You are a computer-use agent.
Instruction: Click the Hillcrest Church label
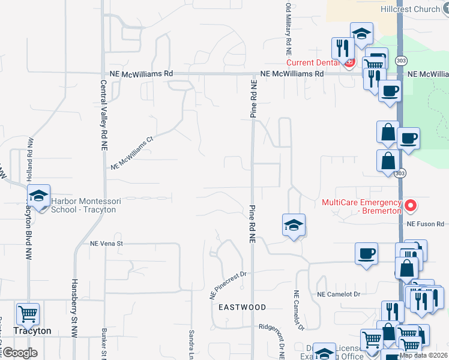pos(410,10)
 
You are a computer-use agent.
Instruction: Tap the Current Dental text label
pos(313,62)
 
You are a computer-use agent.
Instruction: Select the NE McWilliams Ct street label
pos(133,154)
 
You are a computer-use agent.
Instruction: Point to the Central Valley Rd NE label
pos(104,115)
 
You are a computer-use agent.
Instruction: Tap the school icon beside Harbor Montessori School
pos(38,197)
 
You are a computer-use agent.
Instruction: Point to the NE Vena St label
pos(106,244)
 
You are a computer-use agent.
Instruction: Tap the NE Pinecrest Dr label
pos(228,285)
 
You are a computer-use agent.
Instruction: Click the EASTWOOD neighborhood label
pos(242,307)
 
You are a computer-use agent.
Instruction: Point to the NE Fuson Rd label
pos(424,224)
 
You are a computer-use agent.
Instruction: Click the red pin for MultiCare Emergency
pos(411,206)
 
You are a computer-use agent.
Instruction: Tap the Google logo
pos(19,353)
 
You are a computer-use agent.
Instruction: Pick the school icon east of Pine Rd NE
pos(294,226)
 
